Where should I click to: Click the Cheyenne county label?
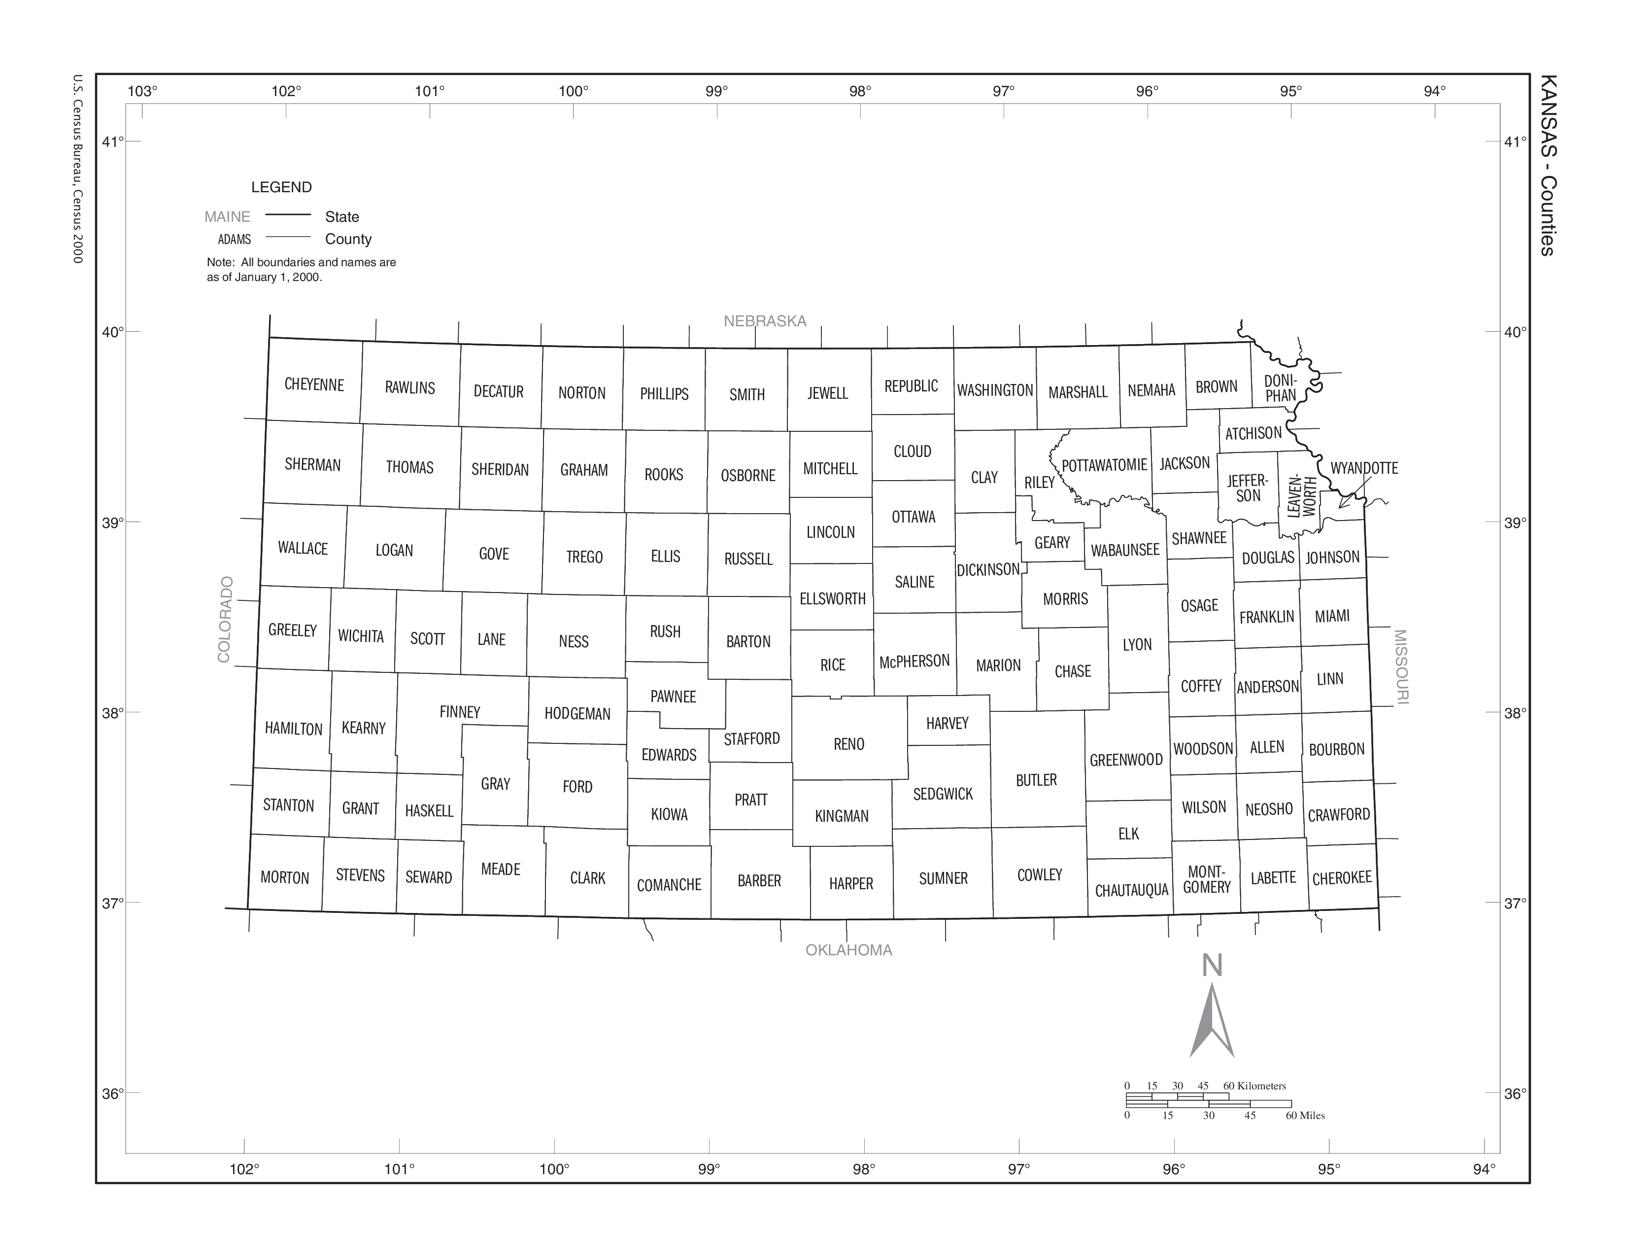(x=314, y=385)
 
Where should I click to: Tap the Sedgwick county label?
(x=943, y=794)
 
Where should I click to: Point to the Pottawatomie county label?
(x=1104, y=465)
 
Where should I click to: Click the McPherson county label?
(x=914, y=661)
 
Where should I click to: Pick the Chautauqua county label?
(x=1131, y=890)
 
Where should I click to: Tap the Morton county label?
(x=284, y=877)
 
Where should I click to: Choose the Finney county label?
(x=459, y=712)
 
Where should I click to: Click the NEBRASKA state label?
(x=765, y=321)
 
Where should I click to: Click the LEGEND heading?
(x=281, y=187)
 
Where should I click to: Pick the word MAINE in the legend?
(x=227, y=217)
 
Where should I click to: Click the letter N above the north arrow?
(x=1212, y=966)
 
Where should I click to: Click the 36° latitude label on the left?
(x=112, y=1093)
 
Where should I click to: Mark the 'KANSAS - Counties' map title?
(x=1547, y=165)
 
